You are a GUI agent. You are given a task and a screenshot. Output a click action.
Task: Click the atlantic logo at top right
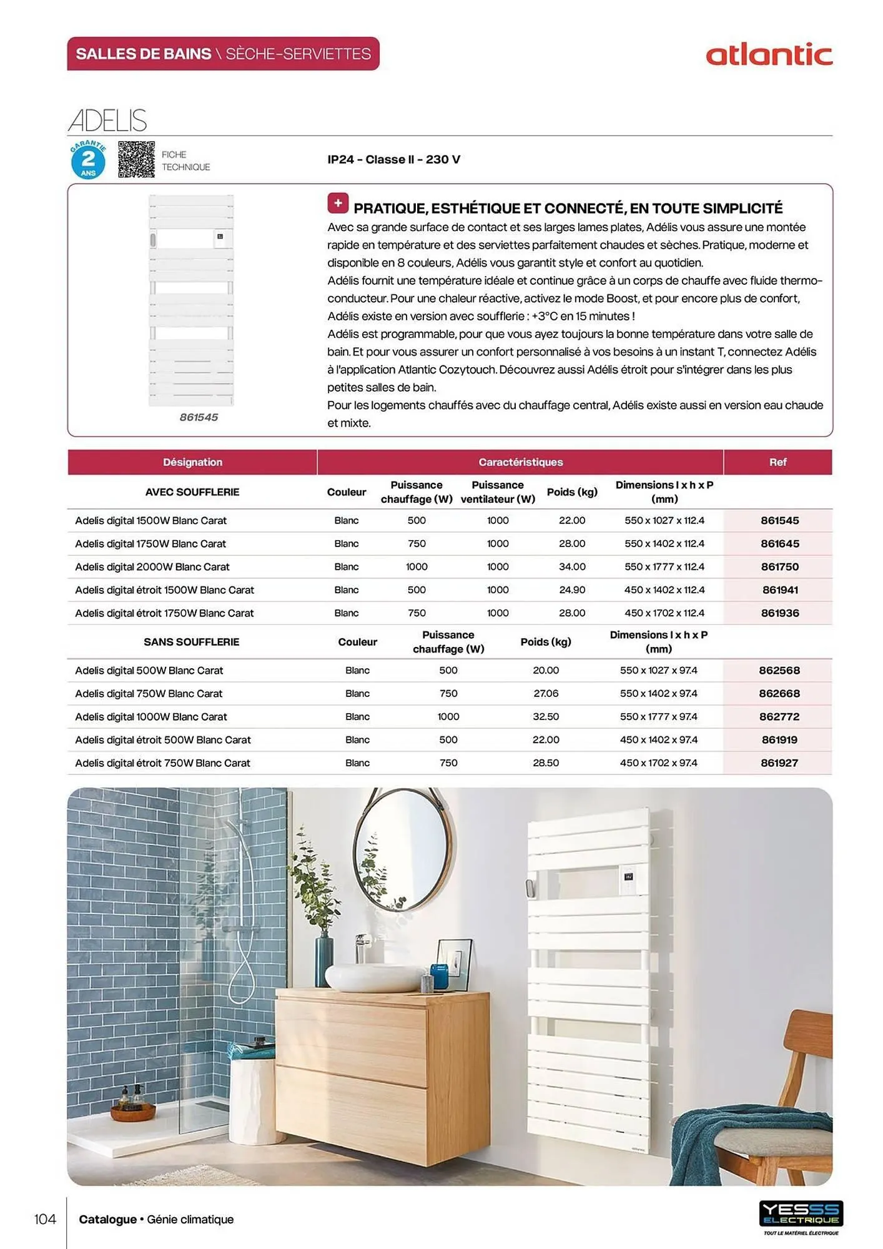(769, 55)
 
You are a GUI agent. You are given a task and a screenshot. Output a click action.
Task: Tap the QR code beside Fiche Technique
(136, 159)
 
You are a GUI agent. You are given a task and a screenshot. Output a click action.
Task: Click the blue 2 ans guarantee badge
(88, 160)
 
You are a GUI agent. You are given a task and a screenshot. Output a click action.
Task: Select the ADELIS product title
(107, 121)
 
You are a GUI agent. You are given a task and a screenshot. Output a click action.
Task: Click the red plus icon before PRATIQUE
(338, 204)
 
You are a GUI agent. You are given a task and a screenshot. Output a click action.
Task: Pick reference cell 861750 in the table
(779, 567)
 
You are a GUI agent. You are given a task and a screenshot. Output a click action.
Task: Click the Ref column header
(777, 462)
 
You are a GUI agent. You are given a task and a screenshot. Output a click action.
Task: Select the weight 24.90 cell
(572, 590)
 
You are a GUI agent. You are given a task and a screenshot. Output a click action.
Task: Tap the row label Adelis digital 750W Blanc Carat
(149, 694)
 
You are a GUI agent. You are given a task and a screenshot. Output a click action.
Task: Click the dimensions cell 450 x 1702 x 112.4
(664, 613)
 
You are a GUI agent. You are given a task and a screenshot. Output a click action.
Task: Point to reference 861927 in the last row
(779, 763)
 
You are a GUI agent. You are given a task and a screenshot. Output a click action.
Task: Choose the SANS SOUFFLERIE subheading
(191, 642)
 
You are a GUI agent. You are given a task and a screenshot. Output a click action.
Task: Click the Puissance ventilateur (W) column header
(498, 492)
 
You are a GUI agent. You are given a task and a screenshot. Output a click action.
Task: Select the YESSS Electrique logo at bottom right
(801, 1215)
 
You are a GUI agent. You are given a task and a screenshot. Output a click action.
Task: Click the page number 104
(45, 1219)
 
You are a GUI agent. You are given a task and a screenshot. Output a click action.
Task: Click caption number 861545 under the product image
(199, 417)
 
